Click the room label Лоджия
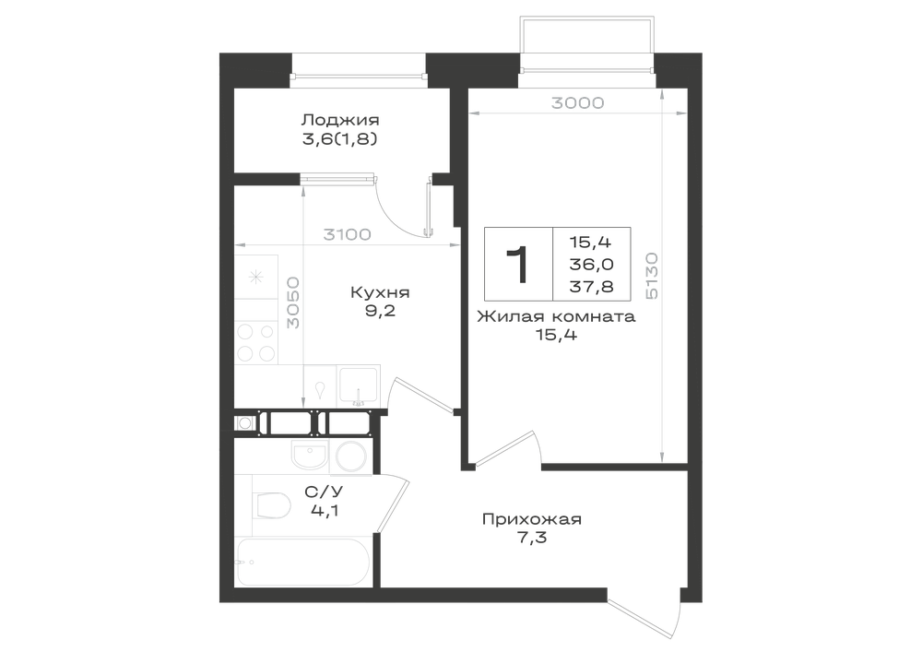(340, 121)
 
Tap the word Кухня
(380, 292)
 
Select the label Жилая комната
(556, 317)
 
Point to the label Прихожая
(532, 519)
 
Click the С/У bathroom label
(324, 491)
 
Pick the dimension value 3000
(577, 103)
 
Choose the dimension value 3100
(347, 234)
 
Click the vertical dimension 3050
(293, 303)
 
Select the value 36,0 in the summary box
(591, 265)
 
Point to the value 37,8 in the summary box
(591, 286)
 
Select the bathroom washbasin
(309, 456)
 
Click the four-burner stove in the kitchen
(255, 342)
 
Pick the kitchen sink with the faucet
(359, 385)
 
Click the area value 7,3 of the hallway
(533, 538)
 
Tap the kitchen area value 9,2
(380, 311)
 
